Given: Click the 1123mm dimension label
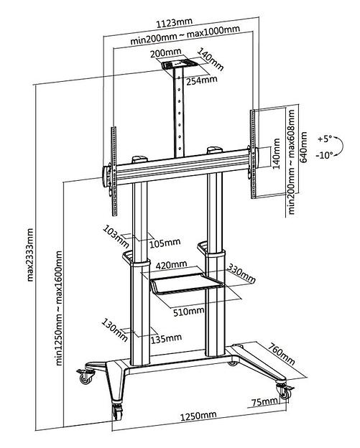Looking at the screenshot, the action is (175, 22).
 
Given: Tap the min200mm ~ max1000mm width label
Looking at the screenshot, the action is (185, 35).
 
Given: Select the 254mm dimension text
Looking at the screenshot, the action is (202, 80).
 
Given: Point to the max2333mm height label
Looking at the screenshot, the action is (30, 255).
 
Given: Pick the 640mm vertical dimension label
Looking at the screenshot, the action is (303, 147).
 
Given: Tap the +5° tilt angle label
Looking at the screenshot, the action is (325, 139).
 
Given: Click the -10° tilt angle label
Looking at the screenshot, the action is (325, 155).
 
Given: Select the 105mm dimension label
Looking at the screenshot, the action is (165, 243).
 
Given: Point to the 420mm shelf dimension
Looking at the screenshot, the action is (171, 265).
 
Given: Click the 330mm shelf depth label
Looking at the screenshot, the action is (241, 273).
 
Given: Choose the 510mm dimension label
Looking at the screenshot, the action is (188, 312).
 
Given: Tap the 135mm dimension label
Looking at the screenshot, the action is (166, 339).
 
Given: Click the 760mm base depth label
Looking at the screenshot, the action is (281, 354).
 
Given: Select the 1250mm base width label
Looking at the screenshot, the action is (198, 416).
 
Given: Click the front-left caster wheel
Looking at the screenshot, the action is (118, 413).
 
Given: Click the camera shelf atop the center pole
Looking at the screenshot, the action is (178, 64).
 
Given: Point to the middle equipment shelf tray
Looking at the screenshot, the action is (186, 283).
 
